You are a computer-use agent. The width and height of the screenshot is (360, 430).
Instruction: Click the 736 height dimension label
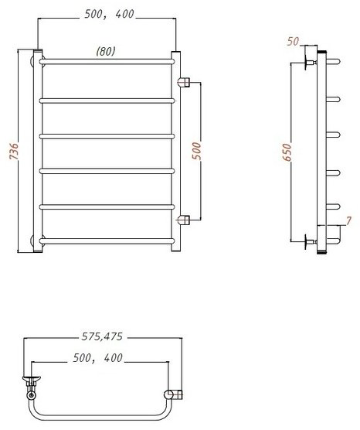coord(14,151)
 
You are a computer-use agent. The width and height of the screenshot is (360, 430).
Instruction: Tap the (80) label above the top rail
coord(106,51)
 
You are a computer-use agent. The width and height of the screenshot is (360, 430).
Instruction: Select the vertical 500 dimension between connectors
coord(197,151)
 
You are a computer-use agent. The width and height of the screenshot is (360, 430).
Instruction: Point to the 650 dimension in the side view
coord(287,152)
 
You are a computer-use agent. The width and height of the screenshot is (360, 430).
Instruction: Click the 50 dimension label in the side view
coord(293,42)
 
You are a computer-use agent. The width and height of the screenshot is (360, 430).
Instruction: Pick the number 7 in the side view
coord(348,220)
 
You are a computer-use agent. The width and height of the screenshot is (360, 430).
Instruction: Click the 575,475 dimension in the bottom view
coord(102,336)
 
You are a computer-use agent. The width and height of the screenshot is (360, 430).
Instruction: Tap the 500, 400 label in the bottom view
coord(97,358)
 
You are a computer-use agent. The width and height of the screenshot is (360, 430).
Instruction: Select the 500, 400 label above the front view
coord(109,14)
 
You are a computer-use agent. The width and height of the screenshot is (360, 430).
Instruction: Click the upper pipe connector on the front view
coord(184,82)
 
